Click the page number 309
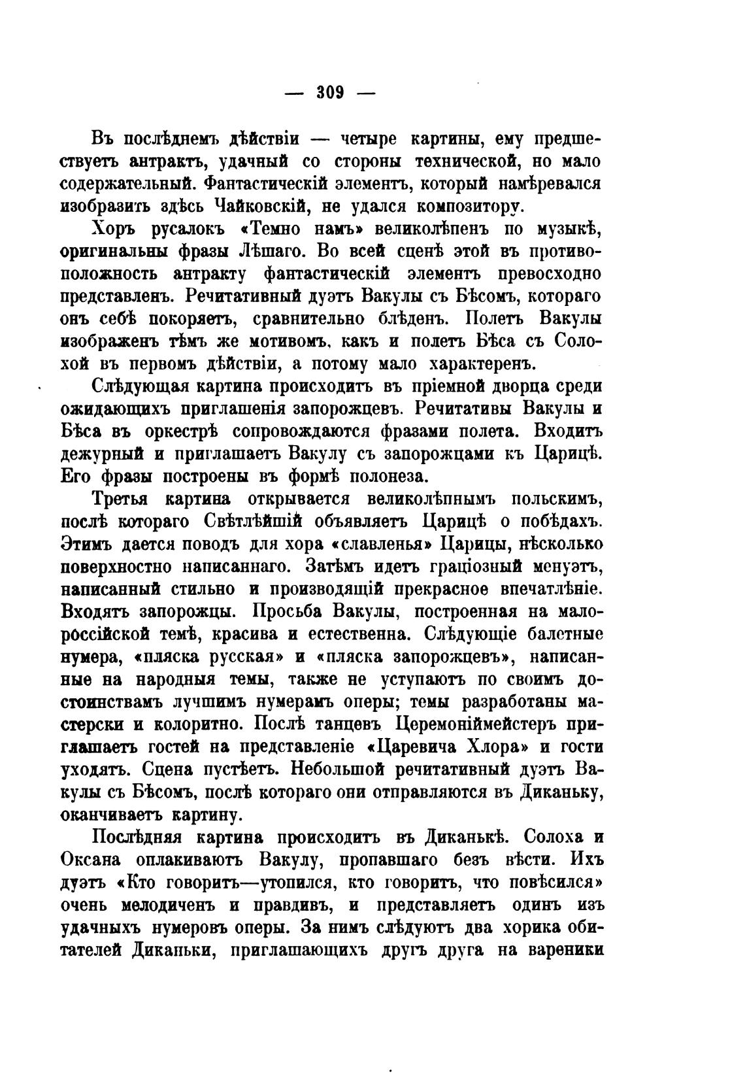pos(331,92)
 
